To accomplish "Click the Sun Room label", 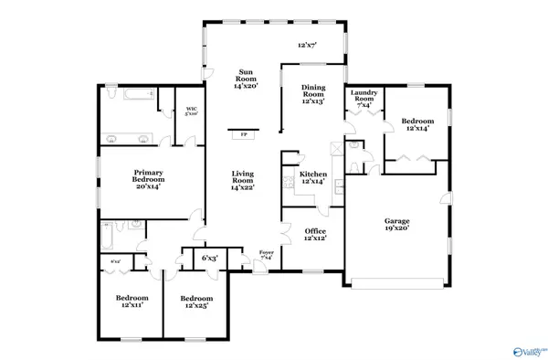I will [x=245, y=79].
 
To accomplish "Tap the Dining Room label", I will [x=313, y=94].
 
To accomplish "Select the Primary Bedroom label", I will [x=148, y=177].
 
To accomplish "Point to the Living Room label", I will [x=242, y=179].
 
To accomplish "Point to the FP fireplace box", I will [x=243, y=134].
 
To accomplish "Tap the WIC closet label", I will [x=192, y=112].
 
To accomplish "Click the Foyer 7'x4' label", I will [x=267, y=255].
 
